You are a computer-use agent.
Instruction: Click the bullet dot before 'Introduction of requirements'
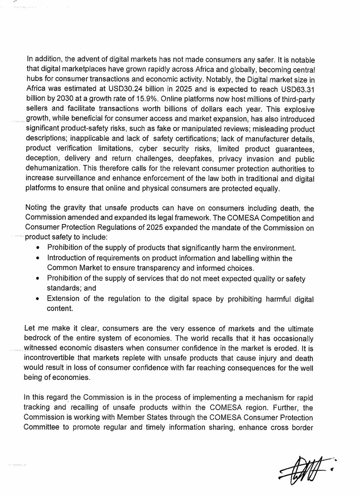tap(38, 258)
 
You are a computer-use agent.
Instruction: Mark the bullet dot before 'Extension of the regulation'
tap(38, 298)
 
